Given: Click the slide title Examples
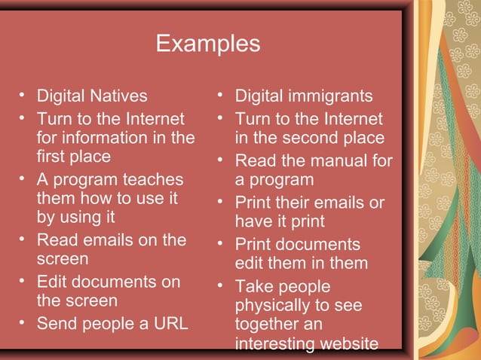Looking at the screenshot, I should click(x=207, y=43).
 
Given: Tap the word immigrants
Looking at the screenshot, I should click(x=329, y=96).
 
